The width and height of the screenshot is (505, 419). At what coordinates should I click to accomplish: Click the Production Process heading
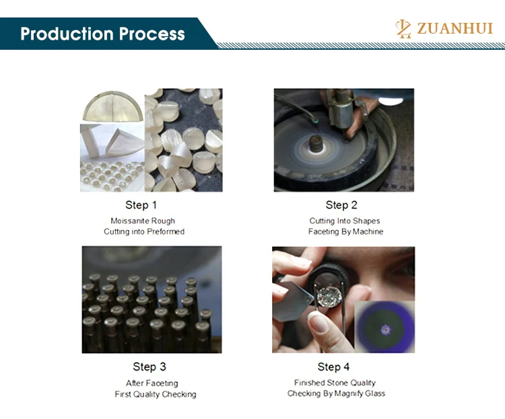click(x=102, y=34)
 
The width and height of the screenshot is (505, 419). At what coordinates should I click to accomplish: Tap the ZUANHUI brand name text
click(x=454, y=28)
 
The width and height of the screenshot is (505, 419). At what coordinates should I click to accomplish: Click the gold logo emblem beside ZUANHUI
click(x=403, y=29)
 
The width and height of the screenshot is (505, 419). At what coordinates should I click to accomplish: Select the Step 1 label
click(x=141, y=205)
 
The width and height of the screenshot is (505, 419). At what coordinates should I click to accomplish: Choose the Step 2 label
click(x=341, y=205)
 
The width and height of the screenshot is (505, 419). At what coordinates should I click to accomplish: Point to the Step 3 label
click(x=149, y=367)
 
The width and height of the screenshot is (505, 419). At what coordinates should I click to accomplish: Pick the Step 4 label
click(x=333, y=367)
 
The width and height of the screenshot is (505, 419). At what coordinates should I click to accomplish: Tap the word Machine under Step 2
click(x=368, y=231)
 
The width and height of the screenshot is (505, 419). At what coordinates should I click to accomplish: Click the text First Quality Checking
click(x=156, y=394)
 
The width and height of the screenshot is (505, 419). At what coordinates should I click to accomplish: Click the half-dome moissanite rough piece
click(x=112, y=106)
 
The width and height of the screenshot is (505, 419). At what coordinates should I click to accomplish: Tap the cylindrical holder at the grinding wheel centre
click(x=316, y=144)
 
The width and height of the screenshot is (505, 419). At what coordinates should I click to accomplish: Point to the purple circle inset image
click(x=384, y=327)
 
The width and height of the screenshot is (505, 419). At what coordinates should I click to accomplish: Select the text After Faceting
click(x=152, y=383)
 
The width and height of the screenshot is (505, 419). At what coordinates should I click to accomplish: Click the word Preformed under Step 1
click(x=166, y=231)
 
